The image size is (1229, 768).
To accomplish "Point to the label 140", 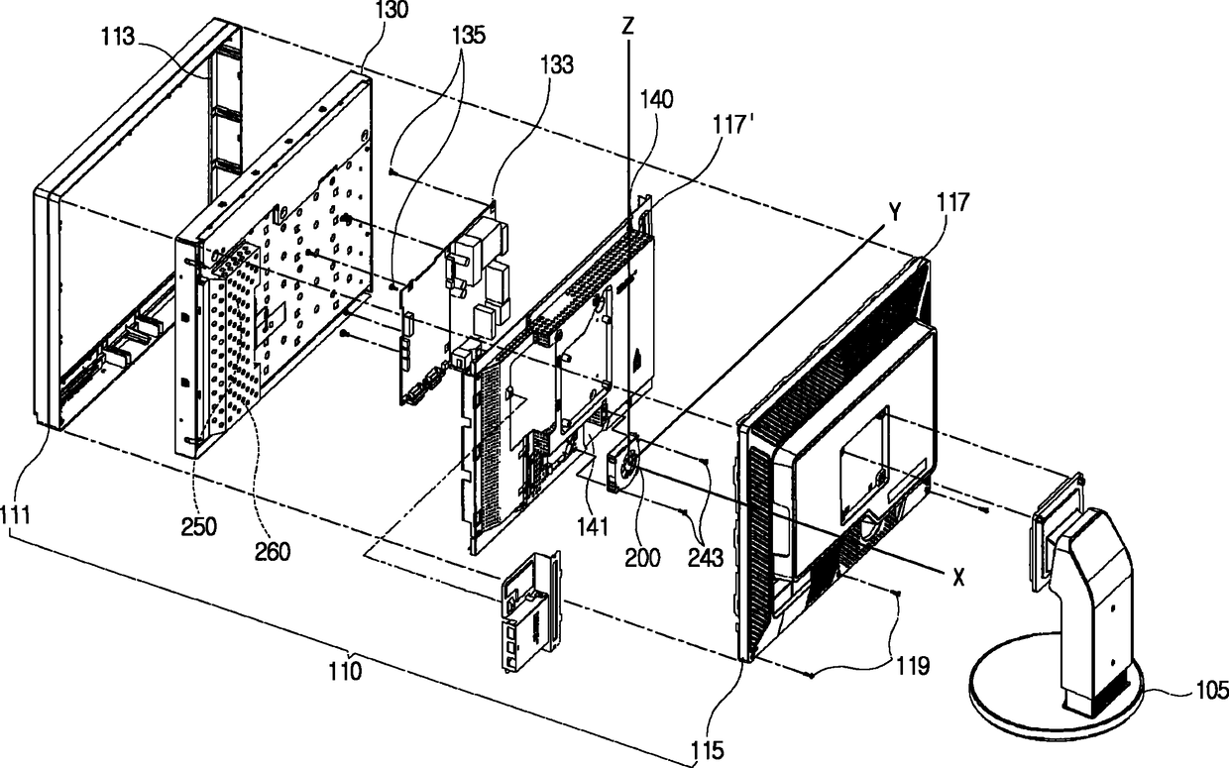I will click(655, 99).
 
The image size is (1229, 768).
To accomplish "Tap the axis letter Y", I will click(893, 210).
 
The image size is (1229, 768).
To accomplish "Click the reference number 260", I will click(272, 550).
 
